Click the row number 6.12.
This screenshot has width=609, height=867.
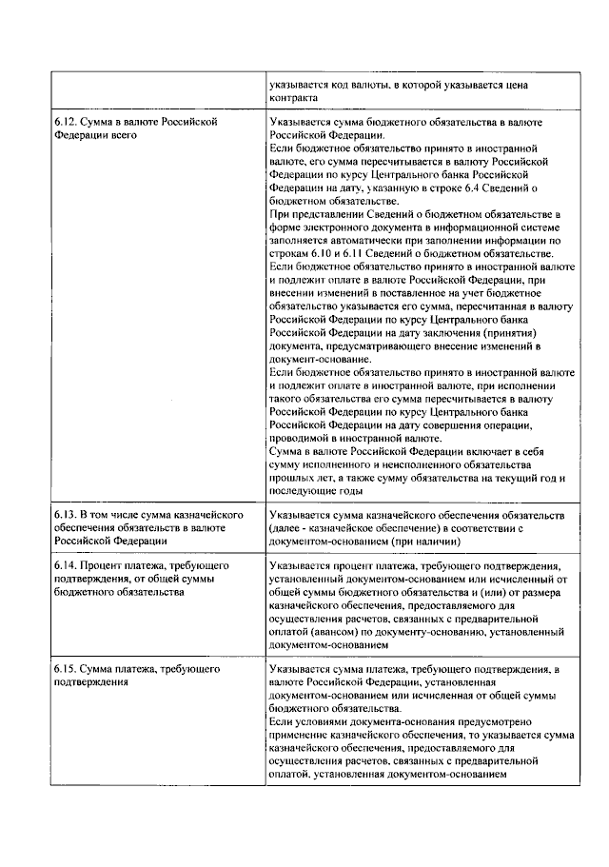pos(64,123)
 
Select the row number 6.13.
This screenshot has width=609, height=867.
pos(64,515)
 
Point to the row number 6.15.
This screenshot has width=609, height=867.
pos(64,670)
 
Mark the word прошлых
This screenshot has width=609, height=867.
pos(291,478)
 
